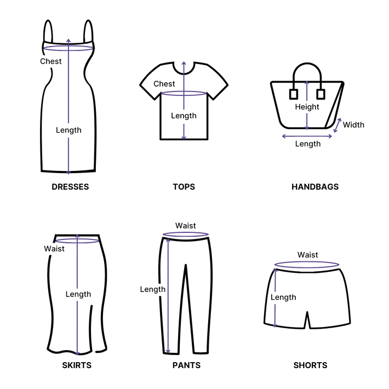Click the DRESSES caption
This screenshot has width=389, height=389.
tap(70, 187)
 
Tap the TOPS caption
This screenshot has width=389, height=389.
tap(184, 187)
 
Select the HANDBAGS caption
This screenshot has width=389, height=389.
tap(315, 187)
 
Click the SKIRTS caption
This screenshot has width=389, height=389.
tap(77, 364)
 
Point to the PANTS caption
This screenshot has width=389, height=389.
tap(186, 364)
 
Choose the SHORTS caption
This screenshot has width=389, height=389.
tap(310, 364)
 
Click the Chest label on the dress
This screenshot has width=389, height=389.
tap(50, 61)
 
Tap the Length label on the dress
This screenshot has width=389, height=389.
tap(69, 130)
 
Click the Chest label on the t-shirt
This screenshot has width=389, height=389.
tap(164, 84)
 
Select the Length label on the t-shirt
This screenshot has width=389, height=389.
tap(184, 116)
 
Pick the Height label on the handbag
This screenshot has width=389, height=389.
tap(307, 107)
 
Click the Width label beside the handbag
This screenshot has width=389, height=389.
tap(353, 124)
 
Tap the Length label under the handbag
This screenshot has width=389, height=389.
tap(308, 144)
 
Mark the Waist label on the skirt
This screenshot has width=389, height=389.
tap(54, 248)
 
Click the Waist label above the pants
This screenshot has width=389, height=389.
tap(186, 225)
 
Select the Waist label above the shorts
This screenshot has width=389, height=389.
tap(308, 254)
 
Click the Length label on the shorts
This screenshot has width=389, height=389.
tap(283, 297)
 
